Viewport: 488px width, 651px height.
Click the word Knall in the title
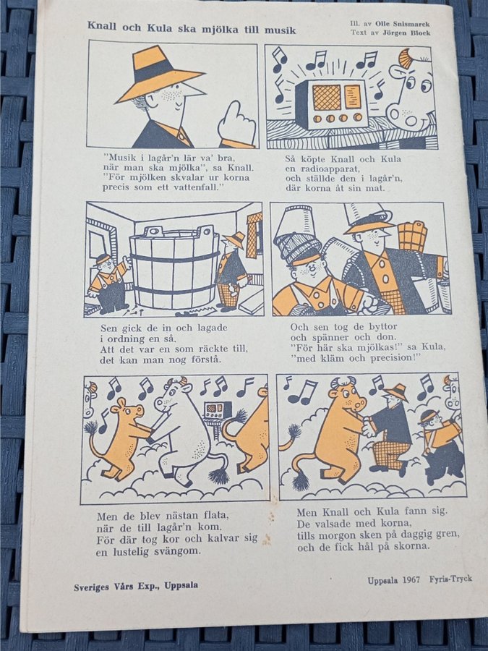click(103, 26)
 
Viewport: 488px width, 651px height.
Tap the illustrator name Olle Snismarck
click(406, 24)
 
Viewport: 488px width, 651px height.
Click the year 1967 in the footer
click(411, 579)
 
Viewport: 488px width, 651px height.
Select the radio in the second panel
click(330, 103)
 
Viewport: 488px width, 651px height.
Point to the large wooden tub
click(174, 267)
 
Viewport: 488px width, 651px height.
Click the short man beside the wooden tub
click(108, 282)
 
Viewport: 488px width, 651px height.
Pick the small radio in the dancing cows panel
click(218, 411)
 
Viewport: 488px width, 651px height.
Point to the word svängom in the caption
click(178, 552)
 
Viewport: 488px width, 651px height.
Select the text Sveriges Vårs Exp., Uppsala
click(136, 586)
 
